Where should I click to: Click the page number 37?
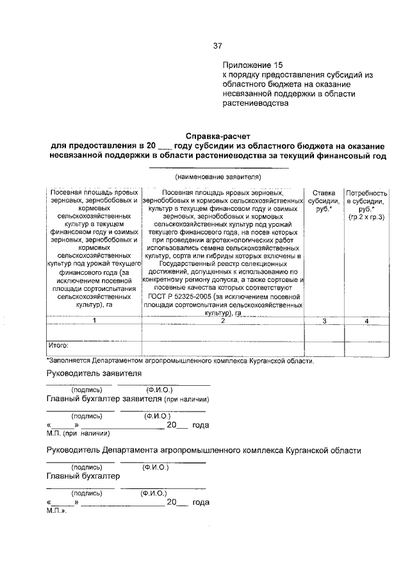[217, 46]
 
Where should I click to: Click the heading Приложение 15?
[252, 65]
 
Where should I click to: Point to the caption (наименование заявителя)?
[218, 176]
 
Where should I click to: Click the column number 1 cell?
[94, 320]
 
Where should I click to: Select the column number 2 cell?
[223, 320]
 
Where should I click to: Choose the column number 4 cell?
[366, 320]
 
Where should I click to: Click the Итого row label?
[58, 345]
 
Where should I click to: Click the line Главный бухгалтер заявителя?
[122, 398]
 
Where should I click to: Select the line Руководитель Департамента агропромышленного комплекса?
[204, 451]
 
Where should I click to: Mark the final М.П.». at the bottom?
[56, 511]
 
